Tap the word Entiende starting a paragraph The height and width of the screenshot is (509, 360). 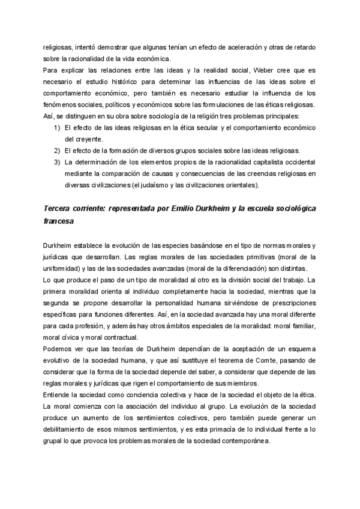(x=58, y=394)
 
